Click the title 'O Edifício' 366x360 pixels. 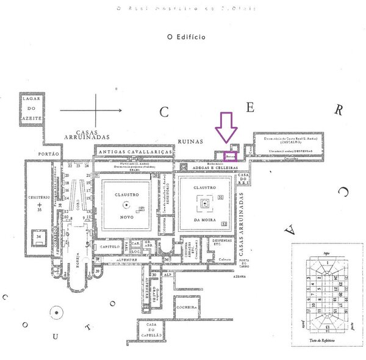(x=186, y=37)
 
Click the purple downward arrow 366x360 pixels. (x=227, y=129)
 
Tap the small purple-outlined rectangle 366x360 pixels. (x=231, y=156)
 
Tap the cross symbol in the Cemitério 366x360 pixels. (x=40, y=204)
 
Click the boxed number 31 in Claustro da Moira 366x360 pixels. (x=220, y=199)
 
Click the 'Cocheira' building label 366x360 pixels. (x=187, y=308)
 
